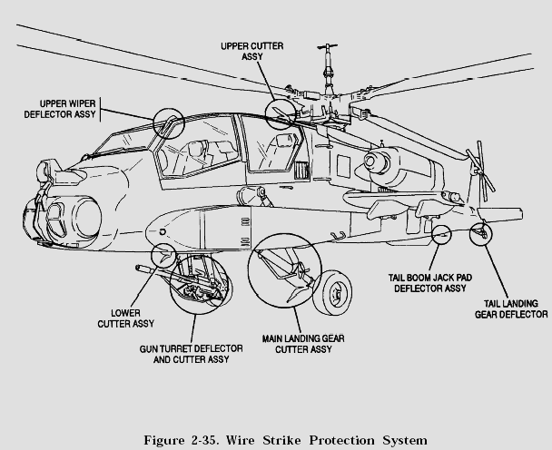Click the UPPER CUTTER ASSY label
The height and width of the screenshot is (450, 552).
pos(252,51)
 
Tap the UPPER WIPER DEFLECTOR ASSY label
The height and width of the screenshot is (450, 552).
pos(60,109)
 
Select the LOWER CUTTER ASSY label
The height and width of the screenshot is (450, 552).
pos(125,318)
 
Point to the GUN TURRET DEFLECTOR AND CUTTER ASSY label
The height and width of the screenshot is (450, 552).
pos(192,354)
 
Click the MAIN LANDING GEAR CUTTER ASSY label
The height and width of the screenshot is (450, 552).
pos(303,344)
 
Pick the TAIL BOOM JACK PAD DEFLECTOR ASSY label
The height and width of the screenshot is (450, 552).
pos(429,283)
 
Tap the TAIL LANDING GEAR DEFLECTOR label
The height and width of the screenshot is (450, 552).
pos(511,308)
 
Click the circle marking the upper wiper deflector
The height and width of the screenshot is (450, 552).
pos(169,123)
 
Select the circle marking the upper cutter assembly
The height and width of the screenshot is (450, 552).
pos(281,114)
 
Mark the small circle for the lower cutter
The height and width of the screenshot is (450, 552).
pos(163,255)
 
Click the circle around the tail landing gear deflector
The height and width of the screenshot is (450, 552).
pos(481,234)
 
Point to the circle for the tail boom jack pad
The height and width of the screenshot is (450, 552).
pos(441,234)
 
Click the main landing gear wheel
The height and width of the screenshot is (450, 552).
pos(332,293)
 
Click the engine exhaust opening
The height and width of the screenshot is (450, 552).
pos(370,161)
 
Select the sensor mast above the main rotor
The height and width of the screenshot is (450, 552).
pos(328,67)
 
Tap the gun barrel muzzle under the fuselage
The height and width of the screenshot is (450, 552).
pos(138,269)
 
